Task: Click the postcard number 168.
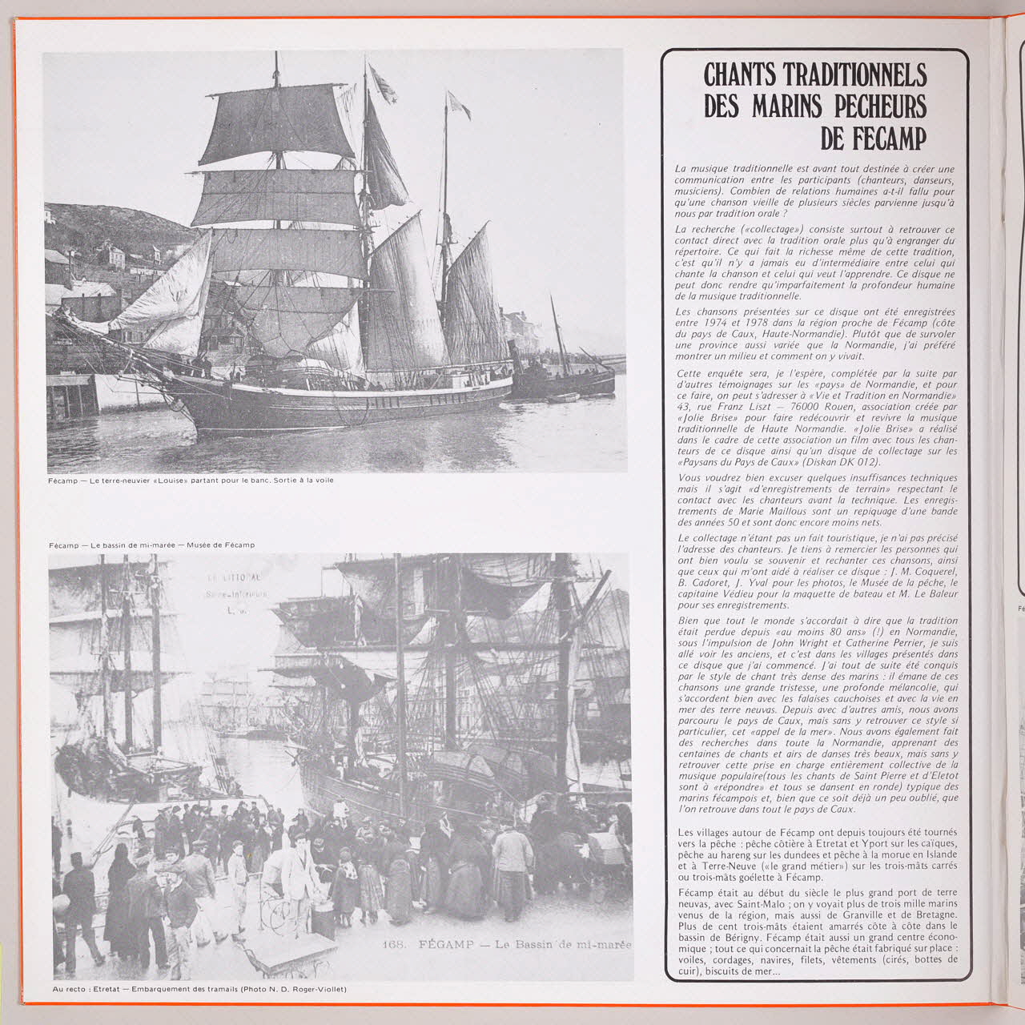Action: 394,946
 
